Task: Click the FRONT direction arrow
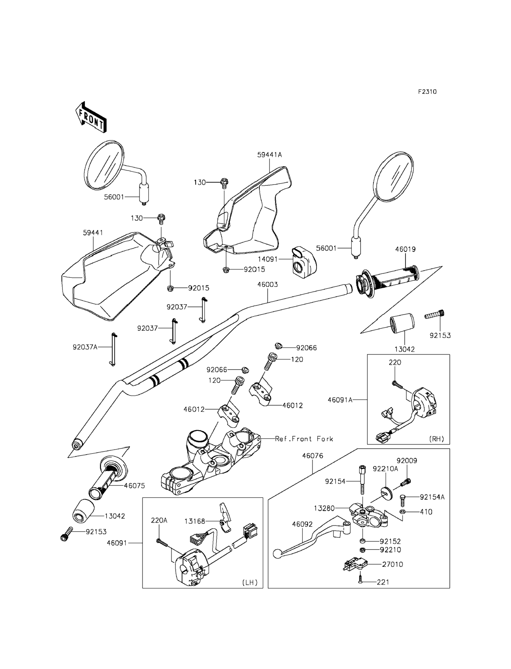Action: [x=90, y=117]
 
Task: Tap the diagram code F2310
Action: [x=427, y=91]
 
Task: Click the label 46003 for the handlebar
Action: [x=267, y=285]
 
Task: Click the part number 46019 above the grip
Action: [x=405, y=249]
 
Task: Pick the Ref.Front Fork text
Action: [x=304, y=439]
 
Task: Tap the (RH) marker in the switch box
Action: [x=436, y=439]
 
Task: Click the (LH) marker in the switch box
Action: [x=250, y=582]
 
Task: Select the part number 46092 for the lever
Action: [x=302, y=524]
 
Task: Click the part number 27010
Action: [x=392, y=564]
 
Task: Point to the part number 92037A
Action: [x=85, y=347]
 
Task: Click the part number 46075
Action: [x=135, y=486]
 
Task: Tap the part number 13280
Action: [x=324, y=508]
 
